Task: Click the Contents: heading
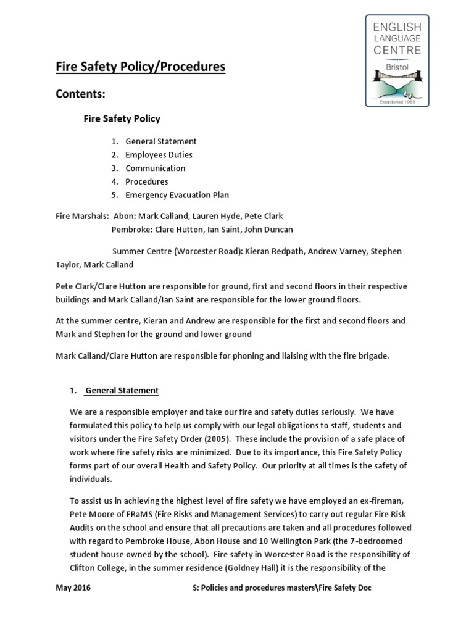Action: click(81, 94)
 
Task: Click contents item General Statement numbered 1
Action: click(160, 141)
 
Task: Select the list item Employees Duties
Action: click(159, 155)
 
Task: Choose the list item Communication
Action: click(155, 168)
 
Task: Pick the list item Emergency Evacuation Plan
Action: click(177, 195)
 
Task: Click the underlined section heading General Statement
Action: click(122, 391)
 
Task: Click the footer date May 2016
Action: click(73, 588)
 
